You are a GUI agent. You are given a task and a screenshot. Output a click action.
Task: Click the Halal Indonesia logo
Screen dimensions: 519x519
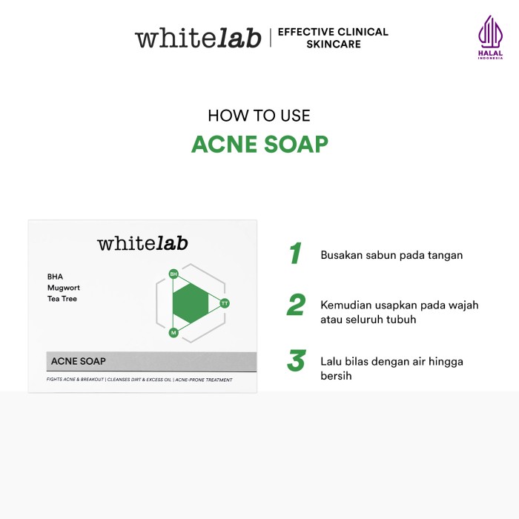pos(490,37)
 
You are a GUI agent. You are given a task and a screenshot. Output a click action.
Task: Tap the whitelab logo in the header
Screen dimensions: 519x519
pos(198,38)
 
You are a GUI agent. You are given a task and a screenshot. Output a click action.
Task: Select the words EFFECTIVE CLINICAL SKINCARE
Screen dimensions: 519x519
pos(333,38)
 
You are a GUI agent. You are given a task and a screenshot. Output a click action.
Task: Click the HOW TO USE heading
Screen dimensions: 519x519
pos(259,116)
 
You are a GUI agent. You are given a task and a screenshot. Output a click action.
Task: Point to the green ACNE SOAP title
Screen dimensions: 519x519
pos(259,144)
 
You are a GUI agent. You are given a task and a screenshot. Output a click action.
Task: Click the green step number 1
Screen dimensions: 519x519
pos(295,254)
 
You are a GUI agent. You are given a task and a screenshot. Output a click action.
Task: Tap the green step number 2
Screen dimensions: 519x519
pos(296,304)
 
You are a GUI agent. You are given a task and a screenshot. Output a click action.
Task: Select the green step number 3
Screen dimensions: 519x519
pos(297,360)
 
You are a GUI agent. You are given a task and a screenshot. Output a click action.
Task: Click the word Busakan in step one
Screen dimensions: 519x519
pos(342,255)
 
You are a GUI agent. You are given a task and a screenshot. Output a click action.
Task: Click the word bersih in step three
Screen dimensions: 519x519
pos(336,376)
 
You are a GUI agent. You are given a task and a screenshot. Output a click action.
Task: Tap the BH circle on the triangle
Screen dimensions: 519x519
pos(173,274)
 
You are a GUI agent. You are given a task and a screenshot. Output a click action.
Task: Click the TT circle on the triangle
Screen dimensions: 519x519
pos(225,303)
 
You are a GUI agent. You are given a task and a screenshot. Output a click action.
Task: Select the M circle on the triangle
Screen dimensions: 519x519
pos(173,333)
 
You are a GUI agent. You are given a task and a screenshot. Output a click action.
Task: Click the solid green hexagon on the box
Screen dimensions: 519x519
pos(191,303)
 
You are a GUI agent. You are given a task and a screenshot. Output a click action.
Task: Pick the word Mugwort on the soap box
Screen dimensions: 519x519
pos(64,288)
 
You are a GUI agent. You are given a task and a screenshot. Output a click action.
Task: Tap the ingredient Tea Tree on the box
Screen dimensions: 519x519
pos(62,299)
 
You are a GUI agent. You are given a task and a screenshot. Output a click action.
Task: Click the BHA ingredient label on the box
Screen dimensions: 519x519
pos(55,277)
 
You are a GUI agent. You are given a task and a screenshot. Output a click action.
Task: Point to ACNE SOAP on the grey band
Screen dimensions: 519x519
pos(79,361)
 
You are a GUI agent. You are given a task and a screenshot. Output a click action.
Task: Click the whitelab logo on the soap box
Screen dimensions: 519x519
pos(142,243)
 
